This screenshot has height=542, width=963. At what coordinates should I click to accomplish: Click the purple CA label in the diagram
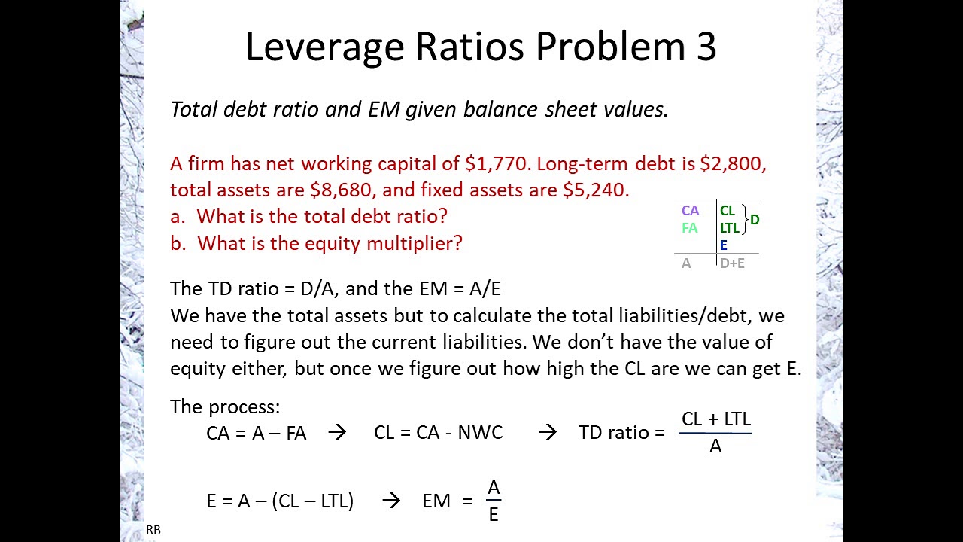[690, 211]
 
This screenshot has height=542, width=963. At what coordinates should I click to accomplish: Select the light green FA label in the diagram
[689, 227]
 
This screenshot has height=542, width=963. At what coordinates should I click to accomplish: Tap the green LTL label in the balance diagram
[729, 228]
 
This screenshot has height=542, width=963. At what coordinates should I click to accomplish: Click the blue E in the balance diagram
[724, 245]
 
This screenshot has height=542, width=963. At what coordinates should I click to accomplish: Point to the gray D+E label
[732, 263]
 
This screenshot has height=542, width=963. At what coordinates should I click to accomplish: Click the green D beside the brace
[755, 220]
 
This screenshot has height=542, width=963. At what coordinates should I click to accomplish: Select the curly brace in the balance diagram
[745, 219]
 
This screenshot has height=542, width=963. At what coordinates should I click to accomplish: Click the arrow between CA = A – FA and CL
[337, 432]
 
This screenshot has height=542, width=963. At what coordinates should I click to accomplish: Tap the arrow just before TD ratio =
[548, 432]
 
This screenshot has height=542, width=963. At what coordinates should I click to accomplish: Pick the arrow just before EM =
[391, 501]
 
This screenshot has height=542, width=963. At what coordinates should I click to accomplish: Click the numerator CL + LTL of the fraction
[715, 419]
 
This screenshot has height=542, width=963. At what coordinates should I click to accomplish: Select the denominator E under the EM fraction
[494, 515]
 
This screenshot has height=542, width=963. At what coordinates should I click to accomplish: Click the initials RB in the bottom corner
[153, 530]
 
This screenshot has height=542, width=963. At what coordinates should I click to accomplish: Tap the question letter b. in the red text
[178, 243]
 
